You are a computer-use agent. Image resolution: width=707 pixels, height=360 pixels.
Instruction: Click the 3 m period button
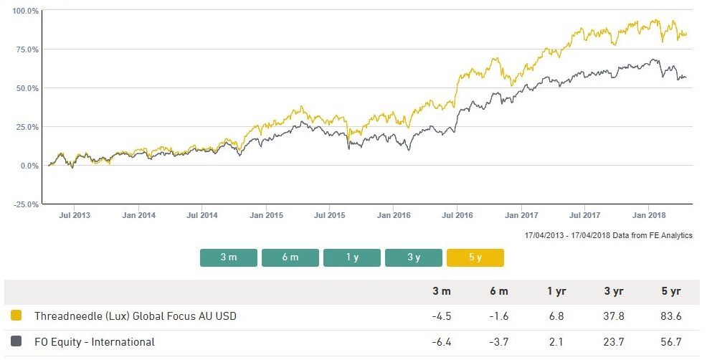229,257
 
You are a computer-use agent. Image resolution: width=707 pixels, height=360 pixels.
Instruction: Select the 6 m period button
290,257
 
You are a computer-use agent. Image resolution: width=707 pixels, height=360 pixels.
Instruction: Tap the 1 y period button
352,257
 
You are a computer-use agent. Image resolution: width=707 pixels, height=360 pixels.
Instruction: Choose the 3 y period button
414,257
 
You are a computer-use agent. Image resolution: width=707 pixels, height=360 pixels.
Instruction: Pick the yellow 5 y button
475,257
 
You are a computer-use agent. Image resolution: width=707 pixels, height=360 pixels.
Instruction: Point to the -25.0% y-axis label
26,204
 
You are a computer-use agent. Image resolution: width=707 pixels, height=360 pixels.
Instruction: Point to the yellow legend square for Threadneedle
17,316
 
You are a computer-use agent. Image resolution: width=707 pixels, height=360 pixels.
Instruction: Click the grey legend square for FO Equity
17,342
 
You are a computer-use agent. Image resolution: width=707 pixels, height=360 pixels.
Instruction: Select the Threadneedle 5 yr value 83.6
670,316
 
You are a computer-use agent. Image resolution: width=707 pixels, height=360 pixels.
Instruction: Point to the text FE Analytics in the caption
667,235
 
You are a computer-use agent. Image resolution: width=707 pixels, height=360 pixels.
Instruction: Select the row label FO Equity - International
95,342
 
